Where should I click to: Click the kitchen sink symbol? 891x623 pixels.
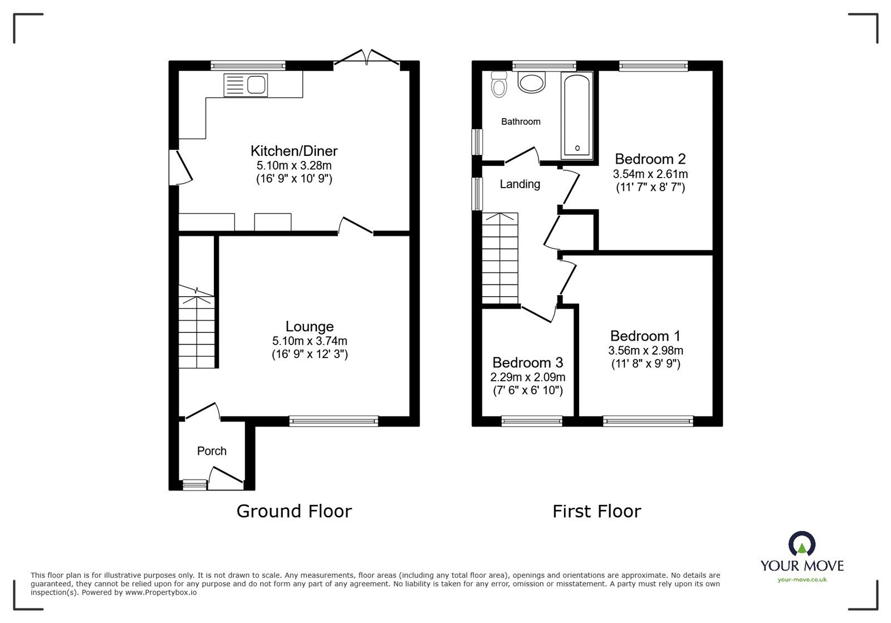click(x=246, y=85)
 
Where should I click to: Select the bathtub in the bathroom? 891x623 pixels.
click(x=577, y=115)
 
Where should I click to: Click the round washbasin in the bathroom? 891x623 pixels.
click(x=532, y=84)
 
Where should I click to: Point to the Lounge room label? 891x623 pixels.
click(x=310, y=327)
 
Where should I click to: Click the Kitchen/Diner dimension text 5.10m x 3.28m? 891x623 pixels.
click(x=294, y=165)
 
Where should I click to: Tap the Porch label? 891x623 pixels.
click(x=212, y=451)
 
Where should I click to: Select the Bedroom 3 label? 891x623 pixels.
click(x=527, y=363)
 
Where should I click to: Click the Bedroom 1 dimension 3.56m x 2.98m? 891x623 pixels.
click(x=645, y=351)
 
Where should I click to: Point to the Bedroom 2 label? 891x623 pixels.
click(x=650, y=159)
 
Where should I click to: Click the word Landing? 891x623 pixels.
click(x=520, y=184)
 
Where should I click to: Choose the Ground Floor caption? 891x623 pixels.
click(x=294, y=511)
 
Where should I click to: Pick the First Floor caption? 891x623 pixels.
click(x=596, y=511)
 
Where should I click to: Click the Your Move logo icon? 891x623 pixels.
click(x=802, y=544)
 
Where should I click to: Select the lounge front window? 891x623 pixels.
click(x=334, y=421)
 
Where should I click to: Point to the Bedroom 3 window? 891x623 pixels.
click(x=532, y=421)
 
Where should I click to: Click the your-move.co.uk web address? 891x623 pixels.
click(x=802, y=580)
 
